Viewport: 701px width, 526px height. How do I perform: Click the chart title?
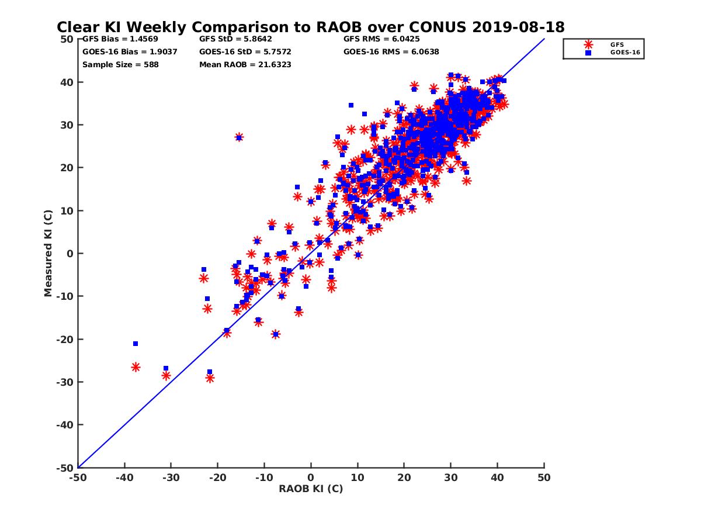click(310, 27)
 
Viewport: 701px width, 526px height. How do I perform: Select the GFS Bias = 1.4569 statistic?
click(120, 39)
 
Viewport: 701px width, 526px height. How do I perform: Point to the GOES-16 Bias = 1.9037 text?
click(130, 52)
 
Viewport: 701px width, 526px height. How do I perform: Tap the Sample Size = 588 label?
click(120, 65)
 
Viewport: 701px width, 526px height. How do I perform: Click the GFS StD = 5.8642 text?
click(235, 39)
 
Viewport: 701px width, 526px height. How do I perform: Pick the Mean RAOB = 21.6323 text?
click(245, 65)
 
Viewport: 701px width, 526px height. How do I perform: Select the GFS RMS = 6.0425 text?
click(381, 39)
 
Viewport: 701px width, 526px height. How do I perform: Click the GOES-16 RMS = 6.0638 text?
click(391, 52)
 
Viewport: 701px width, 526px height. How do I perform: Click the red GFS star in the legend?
click(588, 45)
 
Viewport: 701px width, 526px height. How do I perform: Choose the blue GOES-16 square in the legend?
click(588, 53)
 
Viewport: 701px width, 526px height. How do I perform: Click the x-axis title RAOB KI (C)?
click(310, 489)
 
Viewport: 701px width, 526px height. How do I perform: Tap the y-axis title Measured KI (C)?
click(48, 253)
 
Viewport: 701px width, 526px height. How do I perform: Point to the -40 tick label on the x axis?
click(124, 477)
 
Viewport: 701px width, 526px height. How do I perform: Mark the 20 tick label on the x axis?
click(404, 477)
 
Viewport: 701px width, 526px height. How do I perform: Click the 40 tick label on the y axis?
click(67, 82)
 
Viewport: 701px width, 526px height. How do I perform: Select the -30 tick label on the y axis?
click(65, 382)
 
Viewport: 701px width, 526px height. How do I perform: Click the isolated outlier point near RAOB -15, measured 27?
click(239, 137)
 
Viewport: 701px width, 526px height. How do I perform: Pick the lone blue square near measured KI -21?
click(136, 344)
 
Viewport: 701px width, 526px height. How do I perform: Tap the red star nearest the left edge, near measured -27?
click(136, 367)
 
